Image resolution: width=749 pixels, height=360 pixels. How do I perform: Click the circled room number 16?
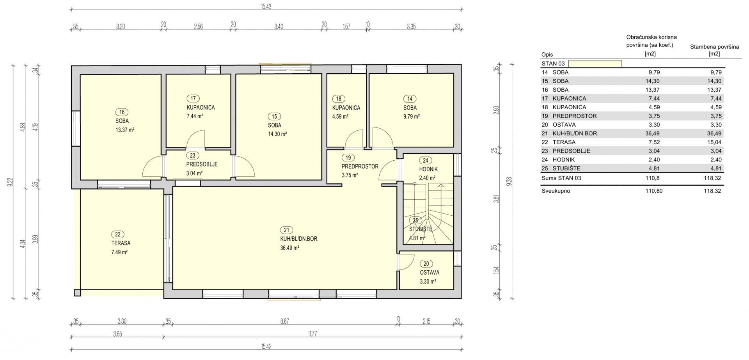click(122, 112)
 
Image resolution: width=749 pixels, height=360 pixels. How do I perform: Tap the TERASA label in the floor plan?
click(121, 243)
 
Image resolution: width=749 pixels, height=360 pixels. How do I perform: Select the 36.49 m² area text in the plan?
click(289, 248)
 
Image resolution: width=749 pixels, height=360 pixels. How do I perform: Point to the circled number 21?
click(287, 230)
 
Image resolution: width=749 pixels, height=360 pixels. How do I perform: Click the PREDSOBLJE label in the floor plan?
click(202, 164)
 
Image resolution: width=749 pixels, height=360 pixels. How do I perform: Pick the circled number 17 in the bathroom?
click(193, 99)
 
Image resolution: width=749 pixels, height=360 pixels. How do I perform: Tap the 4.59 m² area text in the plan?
click(340, 116)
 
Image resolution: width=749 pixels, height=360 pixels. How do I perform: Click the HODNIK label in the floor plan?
click(428, 169)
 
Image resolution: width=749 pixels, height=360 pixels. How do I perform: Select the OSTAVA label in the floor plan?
click(430, 273)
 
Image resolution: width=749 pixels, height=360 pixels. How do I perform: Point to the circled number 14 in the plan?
click(410, 99)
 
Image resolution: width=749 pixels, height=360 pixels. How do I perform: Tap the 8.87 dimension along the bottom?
click(284, 322)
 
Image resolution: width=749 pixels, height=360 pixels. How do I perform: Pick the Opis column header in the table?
click(547, 55)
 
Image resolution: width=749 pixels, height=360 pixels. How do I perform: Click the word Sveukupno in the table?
click(556, 191)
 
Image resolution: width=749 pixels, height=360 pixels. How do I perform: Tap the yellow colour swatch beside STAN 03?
click(595, 64)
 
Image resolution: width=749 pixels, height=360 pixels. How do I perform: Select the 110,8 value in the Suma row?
click(653, 178)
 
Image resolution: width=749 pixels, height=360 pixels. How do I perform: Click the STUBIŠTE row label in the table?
click(566, 168)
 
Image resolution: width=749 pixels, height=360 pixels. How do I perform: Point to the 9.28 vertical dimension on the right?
click(508, 181)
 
